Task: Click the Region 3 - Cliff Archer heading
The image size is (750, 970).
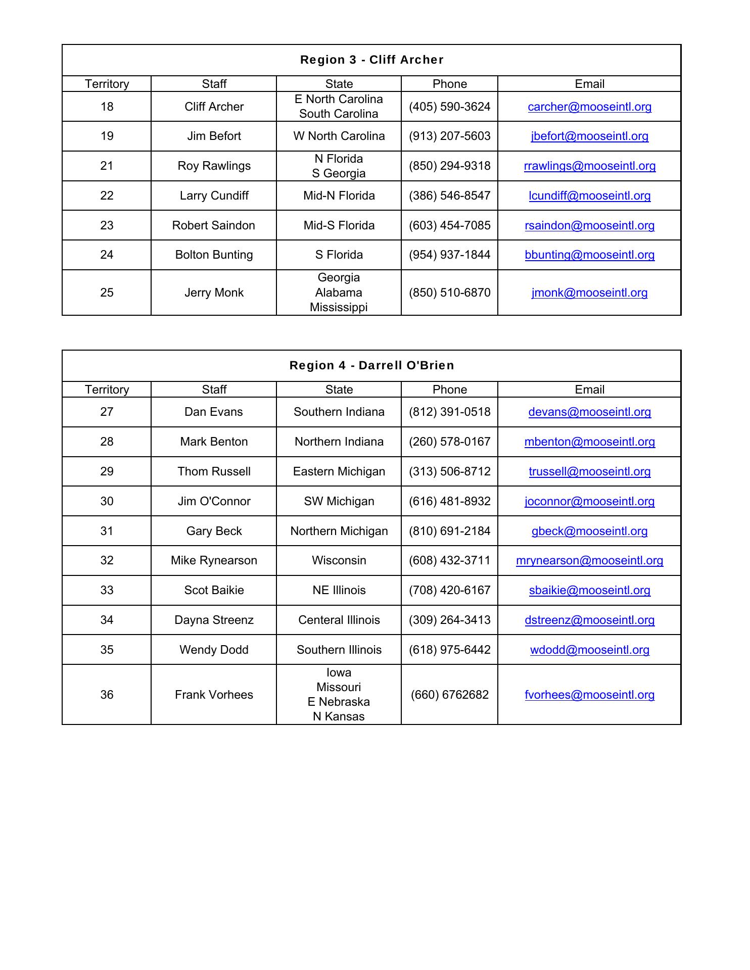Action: [x=371, y=60]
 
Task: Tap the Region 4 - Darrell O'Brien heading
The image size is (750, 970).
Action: [x=371, y=365]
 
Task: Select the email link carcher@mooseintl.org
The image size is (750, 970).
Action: [x=589, y=107]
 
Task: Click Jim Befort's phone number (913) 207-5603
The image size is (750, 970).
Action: [x=449, y=136]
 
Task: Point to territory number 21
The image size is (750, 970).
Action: [x=107, y=166]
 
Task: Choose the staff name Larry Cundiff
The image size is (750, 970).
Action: [x=214, y=196]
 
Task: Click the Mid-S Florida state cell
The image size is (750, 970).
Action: [x=339, y=225]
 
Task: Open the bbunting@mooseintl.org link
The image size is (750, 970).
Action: [x=589, y=255]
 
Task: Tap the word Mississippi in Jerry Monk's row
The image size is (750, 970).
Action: [x=339, y=307]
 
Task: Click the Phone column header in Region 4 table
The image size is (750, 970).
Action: [x=449, y=390]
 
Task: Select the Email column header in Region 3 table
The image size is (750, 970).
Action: [x=589, y=84]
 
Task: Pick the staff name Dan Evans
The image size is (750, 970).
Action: [x=214, y=412]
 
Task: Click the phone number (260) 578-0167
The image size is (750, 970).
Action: [x=449, y=442]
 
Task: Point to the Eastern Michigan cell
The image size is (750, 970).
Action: [x=339, y=471]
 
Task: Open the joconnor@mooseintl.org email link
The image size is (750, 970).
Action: [x=589, y=501]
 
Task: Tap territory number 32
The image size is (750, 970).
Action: [x=107, y=560]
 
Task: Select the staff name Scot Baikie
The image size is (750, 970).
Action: [x=214, y=590]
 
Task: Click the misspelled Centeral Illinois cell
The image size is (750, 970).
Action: [x=339, y=620]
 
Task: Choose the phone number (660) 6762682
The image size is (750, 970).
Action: [x=449, y=695]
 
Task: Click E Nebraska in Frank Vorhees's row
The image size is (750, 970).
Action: [x=339, y=702]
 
